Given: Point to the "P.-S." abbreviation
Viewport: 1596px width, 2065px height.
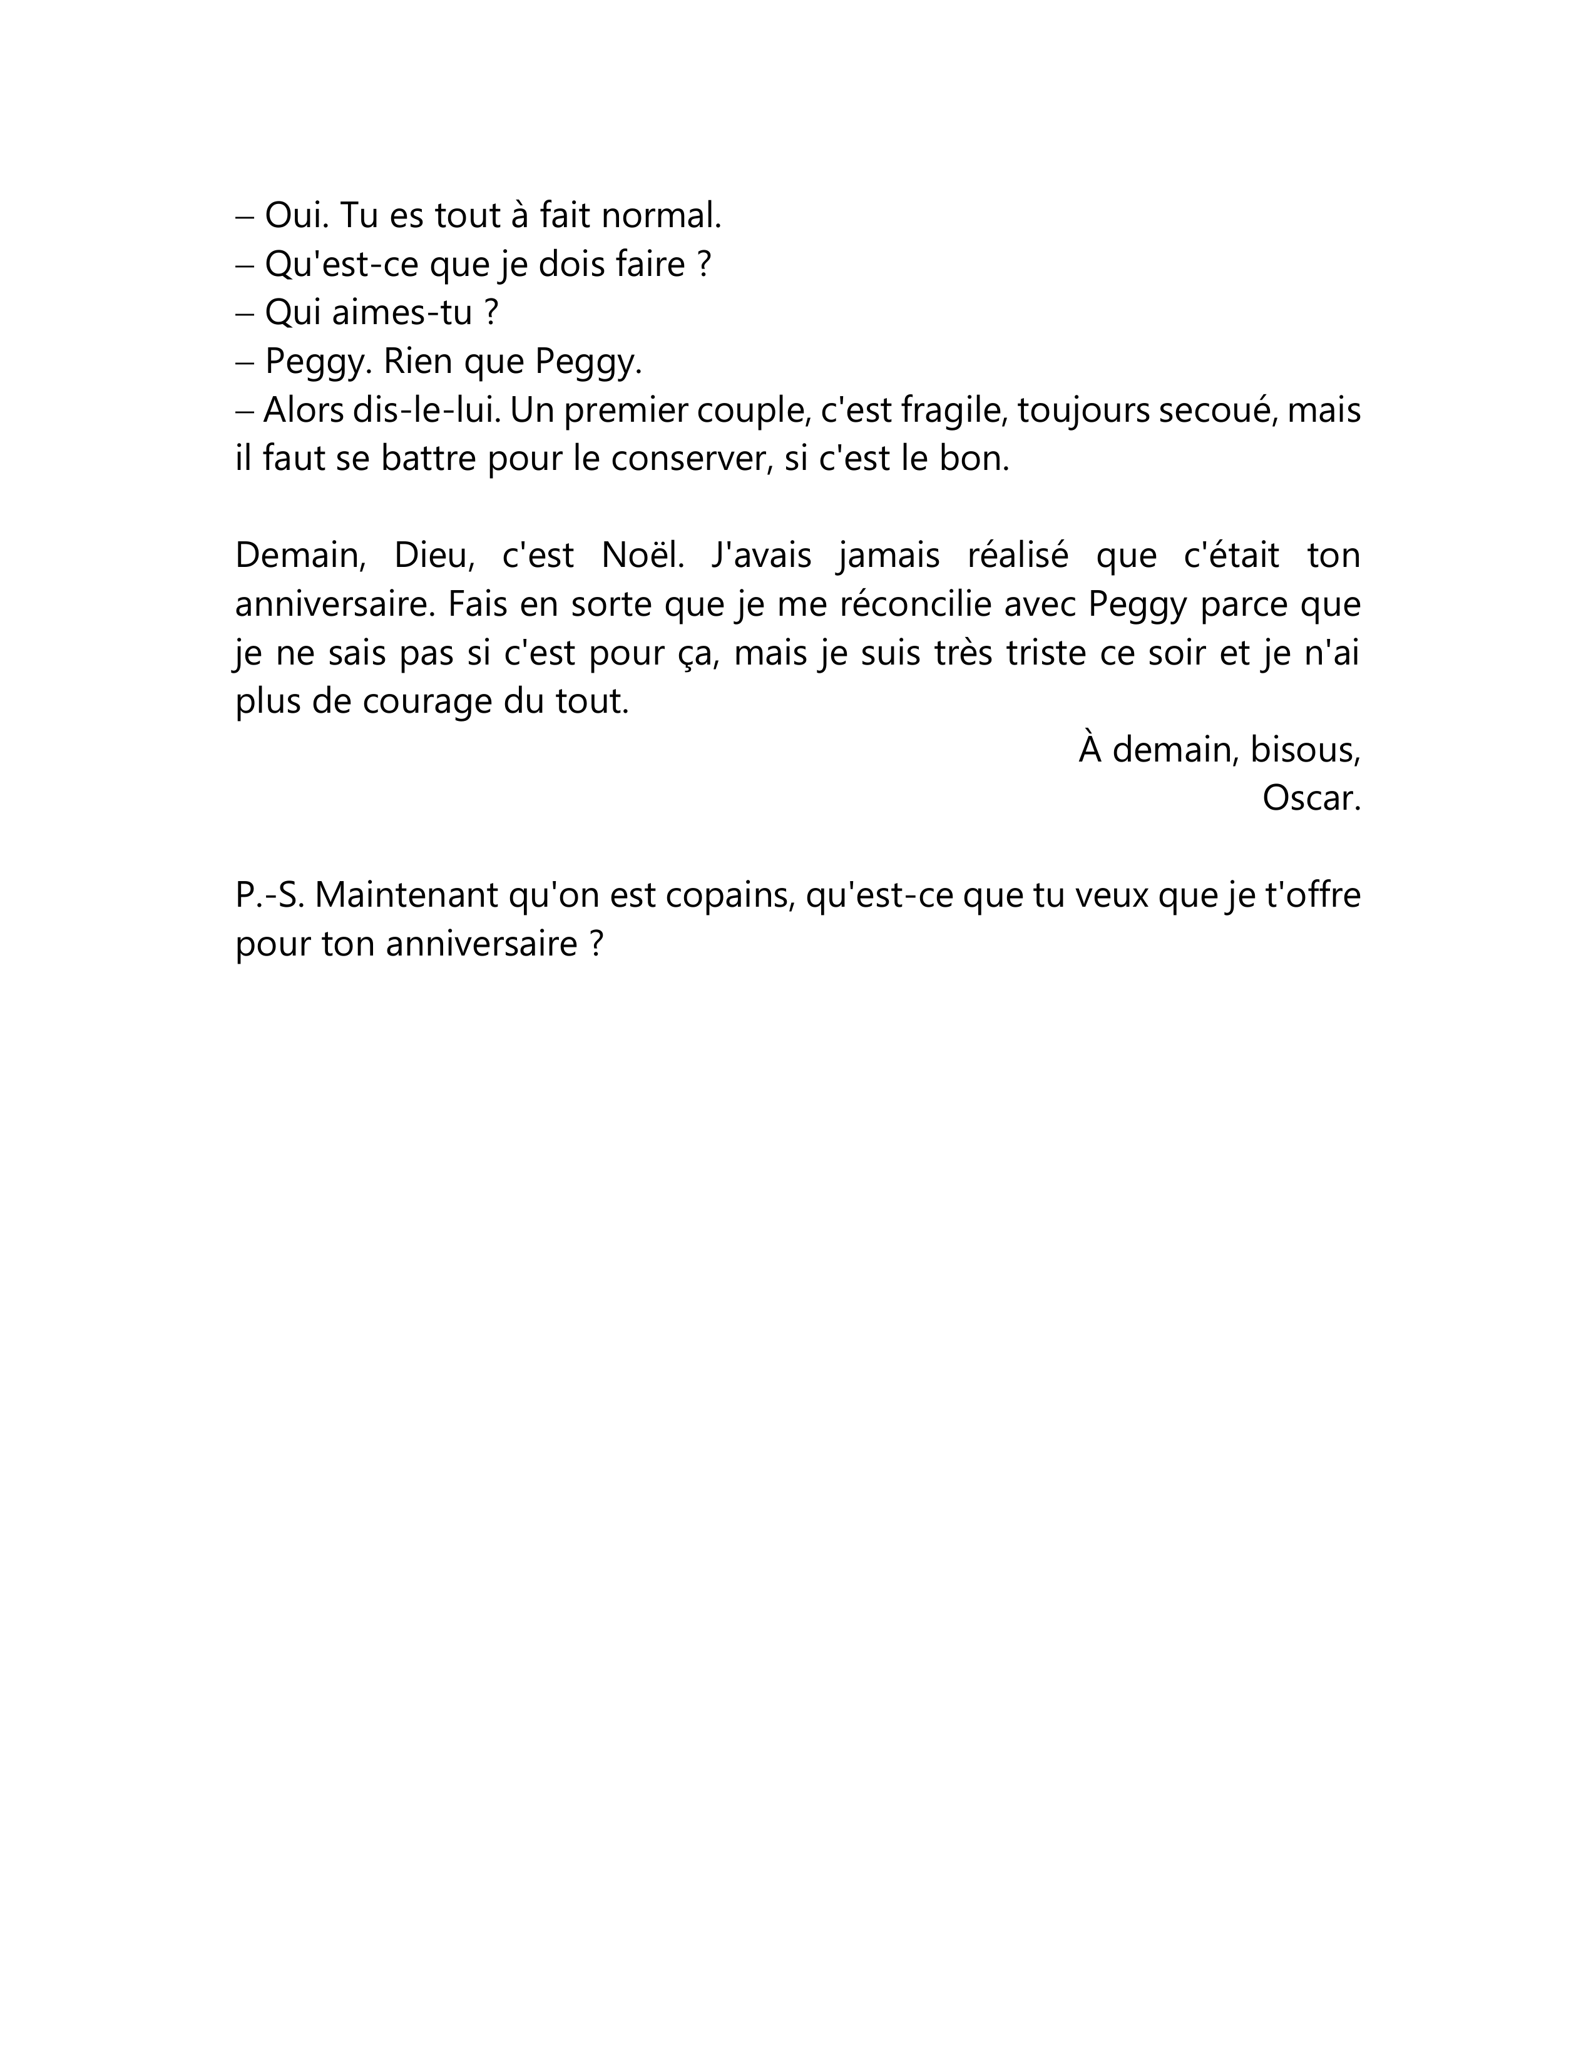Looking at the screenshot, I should (270, 895).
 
